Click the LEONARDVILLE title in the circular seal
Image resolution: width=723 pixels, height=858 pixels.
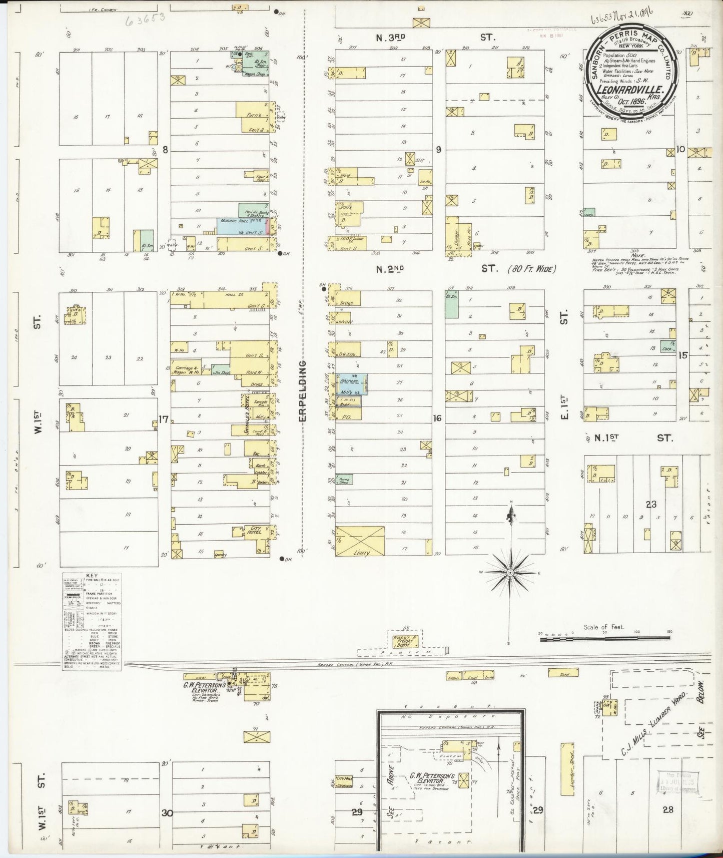[628, 90]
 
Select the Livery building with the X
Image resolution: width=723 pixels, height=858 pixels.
[360, 540]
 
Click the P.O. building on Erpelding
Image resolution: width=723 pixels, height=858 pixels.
[345, 416]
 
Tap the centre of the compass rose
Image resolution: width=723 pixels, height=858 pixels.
[509, 572]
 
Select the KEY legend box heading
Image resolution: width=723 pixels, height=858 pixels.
[92, 576]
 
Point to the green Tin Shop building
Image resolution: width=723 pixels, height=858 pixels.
[220, 370]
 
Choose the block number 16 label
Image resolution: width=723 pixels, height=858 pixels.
[438, 418]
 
